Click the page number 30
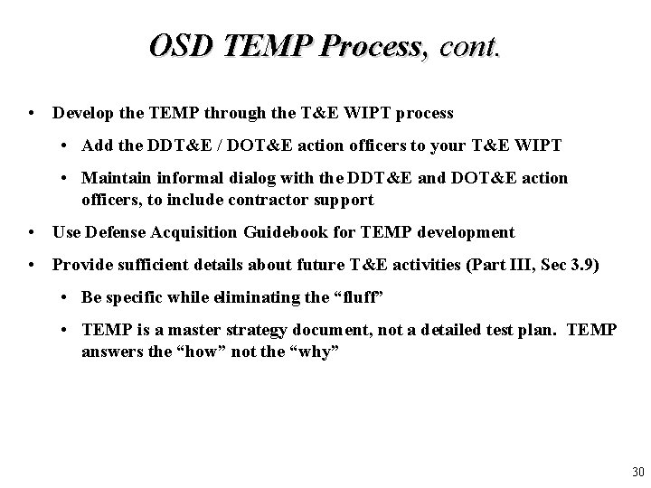click(637, 472)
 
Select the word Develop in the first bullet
click(81, 114)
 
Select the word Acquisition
click(196, 232)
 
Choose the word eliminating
click(266, 297)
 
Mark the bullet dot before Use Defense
click(33, 232)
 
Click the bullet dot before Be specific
click(69, 297)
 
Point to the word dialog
click(241, 178)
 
